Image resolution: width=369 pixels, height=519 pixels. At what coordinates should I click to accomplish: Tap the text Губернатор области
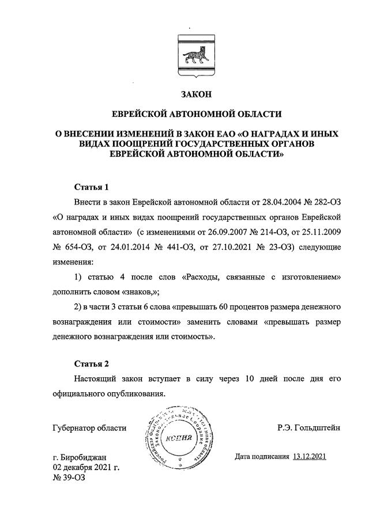(88, 428)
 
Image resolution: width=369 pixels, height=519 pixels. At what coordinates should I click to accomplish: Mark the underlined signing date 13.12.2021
(310, 457)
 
